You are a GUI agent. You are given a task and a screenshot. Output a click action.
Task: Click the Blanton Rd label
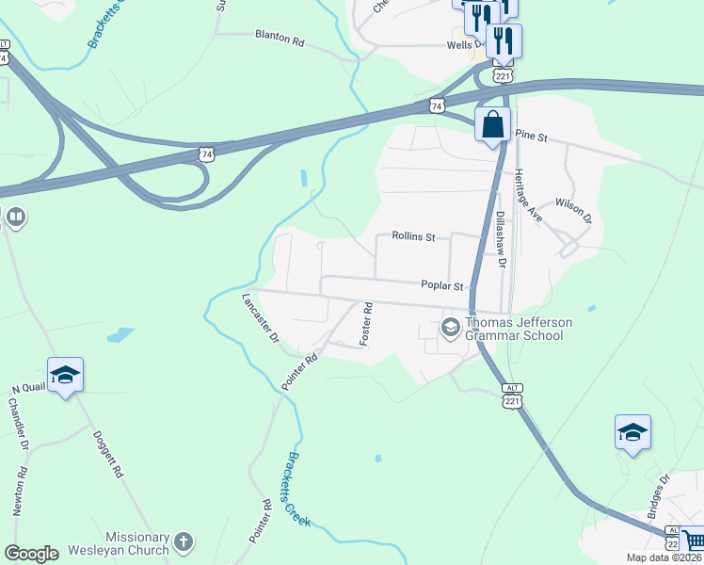click(280, 40)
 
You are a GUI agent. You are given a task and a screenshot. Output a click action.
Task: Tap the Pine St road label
click(531, 137)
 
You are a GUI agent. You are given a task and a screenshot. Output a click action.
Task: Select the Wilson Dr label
click(573, 210)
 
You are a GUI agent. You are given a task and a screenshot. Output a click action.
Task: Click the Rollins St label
click(413, 237)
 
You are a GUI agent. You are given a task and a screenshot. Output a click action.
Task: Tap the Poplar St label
click(442, 285)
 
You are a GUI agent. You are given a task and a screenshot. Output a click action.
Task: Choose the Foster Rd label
click(368, 322)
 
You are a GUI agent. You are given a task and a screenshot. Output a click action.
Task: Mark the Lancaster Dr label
click(261, 317)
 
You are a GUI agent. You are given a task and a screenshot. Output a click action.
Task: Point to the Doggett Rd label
click(108, 456)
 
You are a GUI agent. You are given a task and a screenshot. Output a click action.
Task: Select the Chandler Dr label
click(18, 423)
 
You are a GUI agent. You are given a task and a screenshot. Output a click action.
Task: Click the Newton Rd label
click(20, 492)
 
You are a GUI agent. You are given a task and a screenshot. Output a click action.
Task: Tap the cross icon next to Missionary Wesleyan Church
click(184, 542)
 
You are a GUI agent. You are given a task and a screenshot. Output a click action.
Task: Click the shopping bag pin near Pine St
click(492, 125)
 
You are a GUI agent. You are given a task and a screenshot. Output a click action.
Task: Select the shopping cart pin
click(694, 540)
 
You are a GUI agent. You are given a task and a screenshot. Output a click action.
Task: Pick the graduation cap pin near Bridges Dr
click(632, 432)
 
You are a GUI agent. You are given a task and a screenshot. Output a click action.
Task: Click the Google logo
click(31, 554)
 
